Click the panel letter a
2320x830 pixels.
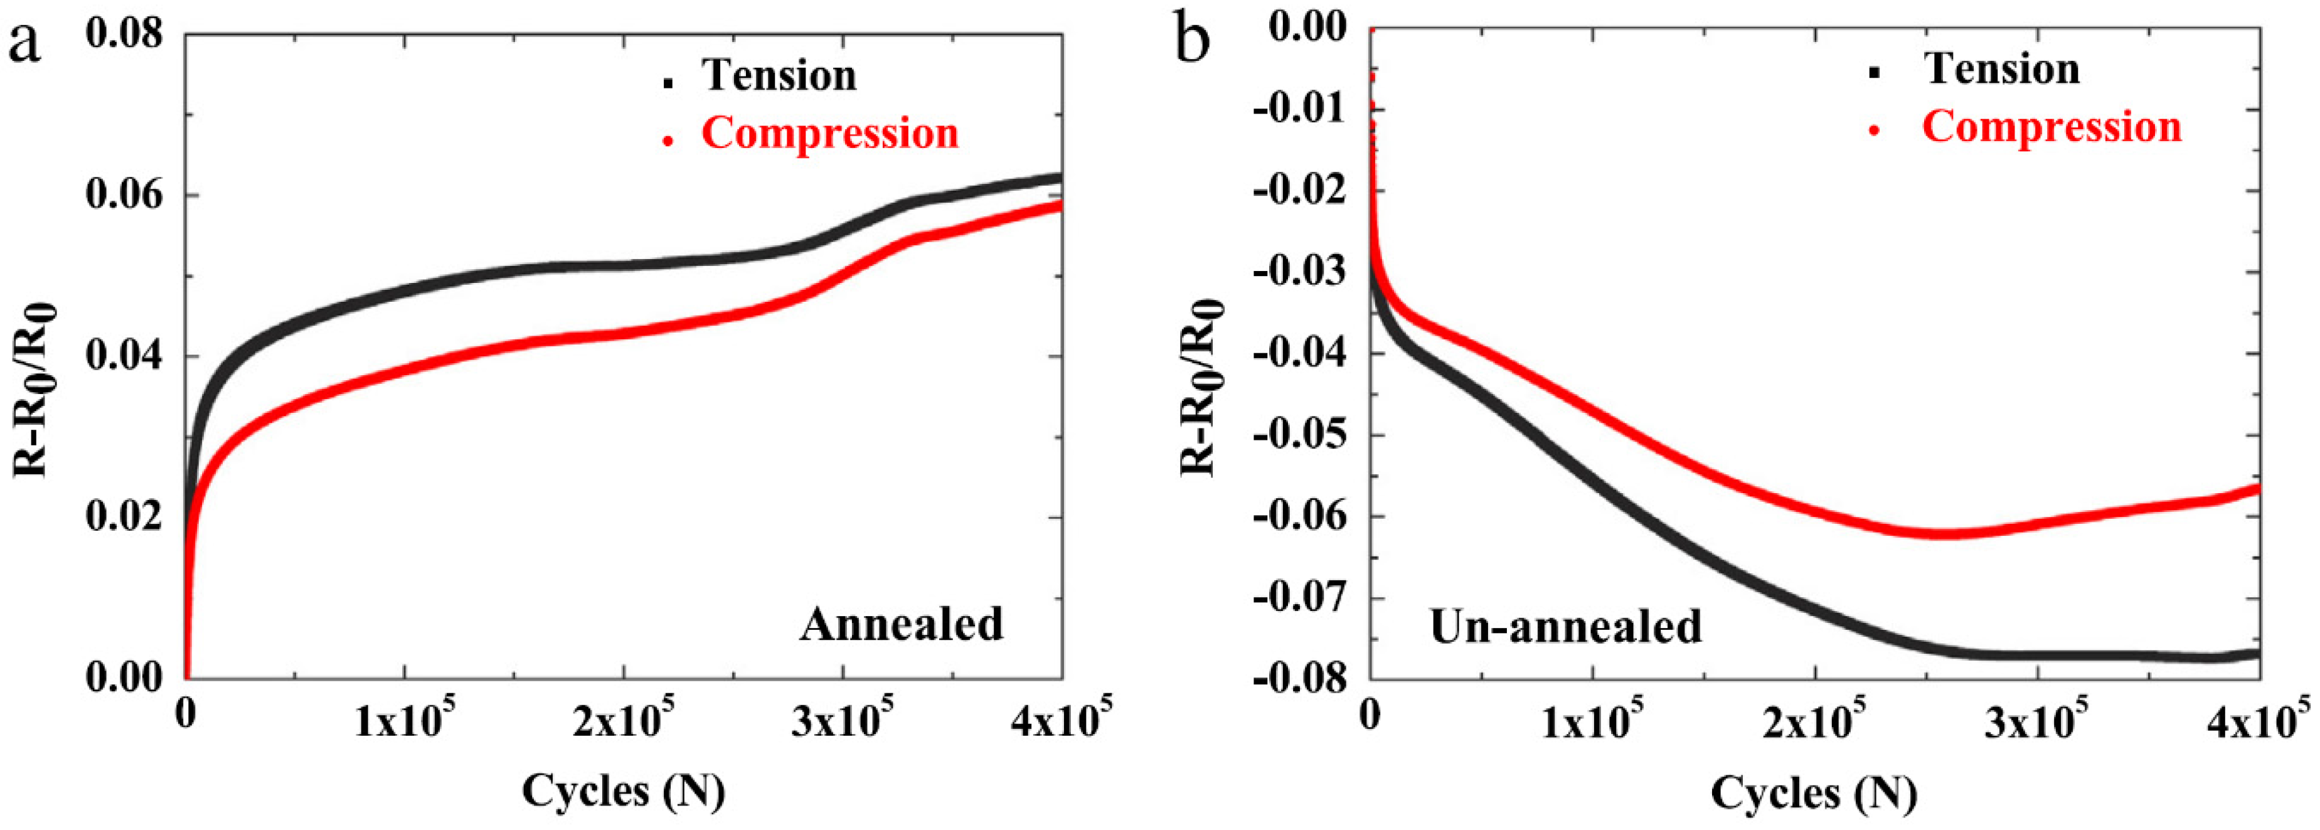tap(24, 41)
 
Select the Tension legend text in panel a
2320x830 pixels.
tap(779, 75)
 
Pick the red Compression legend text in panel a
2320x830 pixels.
tap(829, 133)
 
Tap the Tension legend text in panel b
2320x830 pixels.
tap(2002, 69)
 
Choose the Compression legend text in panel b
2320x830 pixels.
tap(2051, 127)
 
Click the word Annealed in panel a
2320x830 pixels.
tap(901, 624)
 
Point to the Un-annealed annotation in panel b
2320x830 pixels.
tap(1565, 627)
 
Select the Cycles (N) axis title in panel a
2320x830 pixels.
tap(623, 791)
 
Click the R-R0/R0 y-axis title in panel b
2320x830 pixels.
tap(1201, 387)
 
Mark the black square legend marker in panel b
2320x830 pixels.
tap(1875, 73)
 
